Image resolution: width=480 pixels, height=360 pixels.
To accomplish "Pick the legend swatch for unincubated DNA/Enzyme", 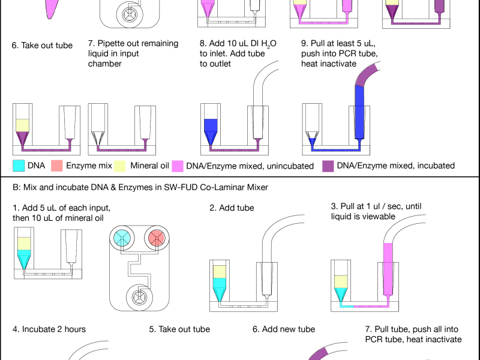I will pyautogui.click(x=178, y=166).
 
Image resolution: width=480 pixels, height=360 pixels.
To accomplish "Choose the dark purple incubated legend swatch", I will pyautogui.click(x=328, y=166).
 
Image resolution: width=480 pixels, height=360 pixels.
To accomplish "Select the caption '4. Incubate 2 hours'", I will pyautogui.click(x=49, y=329).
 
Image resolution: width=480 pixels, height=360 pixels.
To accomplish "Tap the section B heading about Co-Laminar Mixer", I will pyautogui.click(x=140, y=187).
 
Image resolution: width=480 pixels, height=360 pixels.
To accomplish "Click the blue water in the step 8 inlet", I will pyautogui.click(x=210, y=127).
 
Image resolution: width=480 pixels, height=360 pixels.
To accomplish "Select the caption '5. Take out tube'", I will pyautogui.click(x=179, y=329).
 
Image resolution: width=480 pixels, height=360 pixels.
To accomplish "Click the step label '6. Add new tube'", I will pyautogui.click(x=284, y=329).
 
